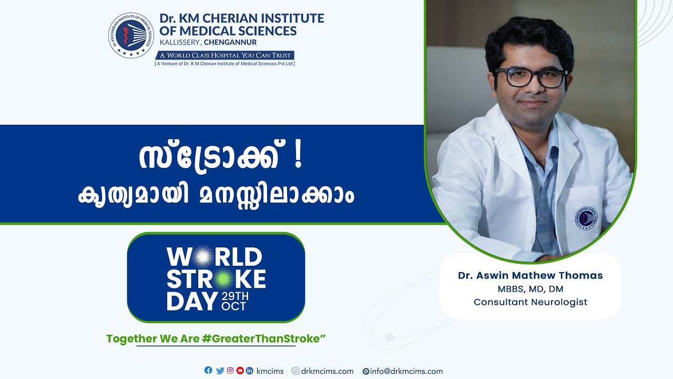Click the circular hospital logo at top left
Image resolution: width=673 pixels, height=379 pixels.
(x=131, y=35)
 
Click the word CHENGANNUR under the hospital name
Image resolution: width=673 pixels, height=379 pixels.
(x=230, y=43)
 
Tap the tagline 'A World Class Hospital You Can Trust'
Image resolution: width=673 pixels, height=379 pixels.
(x=225, y=55)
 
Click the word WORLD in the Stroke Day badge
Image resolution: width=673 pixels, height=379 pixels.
(x=215, y=257)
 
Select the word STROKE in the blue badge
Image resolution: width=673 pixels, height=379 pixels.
(x=216, y=278)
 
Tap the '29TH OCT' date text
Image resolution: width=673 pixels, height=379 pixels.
(x=235, y=301)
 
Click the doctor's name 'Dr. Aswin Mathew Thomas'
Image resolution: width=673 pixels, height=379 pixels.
(x=530, y=275)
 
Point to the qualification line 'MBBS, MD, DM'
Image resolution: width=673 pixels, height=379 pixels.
(x=530, y=289)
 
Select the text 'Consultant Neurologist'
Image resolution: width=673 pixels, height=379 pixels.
(x=530, y=302)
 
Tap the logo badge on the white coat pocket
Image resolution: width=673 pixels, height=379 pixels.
(x=586, y=217)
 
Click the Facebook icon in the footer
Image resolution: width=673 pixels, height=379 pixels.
(x=208, y=371)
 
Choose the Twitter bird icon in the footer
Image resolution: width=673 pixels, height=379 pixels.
(x=220, y=371)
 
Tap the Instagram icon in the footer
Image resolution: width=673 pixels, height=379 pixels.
(x=230, y=371)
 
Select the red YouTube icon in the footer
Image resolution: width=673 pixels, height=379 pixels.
(x=240, y=371)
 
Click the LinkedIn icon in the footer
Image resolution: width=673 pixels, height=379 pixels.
(x=250, y=371)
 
